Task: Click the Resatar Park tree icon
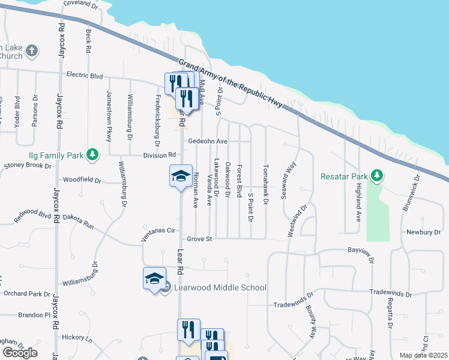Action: click(377, 176)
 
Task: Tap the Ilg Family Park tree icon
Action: click(92, 155)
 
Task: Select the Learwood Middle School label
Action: click(220, 287)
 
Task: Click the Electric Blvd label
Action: click(85, 76)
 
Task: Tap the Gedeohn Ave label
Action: click(208, 142)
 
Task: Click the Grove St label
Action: click(200, 239)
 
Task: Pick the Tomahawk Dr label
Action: click(265, 184)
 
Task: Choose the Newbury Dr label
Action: click(423, 232)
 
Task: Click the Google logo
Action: click(20, 353)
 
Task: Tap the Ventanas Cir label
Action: click(157, 230)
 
